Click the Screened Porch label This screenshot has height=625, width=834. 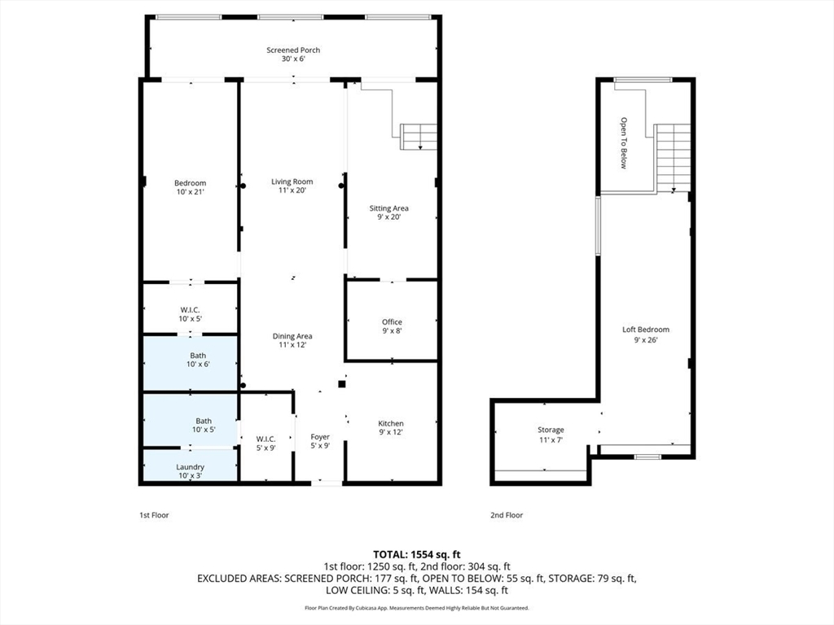[293, 50]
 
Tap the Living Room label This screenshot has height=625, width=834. [292, 181]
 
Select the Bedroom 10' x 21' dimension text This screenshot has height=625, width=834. [191, 192]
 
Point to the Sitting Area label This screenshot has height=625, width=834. [388, 208]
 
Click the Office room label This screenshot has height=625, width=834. [392, 322]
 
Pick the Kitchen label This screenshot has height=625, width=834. [391, 423]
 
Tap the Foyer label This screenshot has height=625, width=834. [320, 437]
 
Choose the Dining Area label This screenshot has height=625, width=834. [292, 336]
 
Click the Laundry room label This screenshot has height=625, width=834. [190, 467]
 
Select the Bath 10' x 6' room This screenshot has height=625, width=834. [190, 364]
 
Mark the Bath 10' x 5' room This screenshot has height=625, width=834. [190, 420]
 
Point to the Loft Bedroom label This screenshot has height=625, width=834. [646, 330]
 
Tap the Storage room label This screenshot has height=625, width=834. [551, 430]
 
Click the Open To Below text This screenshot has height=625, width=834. [624, 143]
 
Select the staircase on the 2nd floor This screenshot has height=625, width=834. [674, 158]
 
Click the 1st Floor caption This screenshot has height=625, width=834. [154, 515]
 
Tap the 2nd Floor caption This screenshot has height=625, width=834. [507, 515]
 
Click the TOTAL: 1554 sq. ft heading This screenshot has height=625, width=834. [416, 555]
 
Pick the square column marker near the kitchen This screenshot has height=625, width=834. [342, 384]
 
